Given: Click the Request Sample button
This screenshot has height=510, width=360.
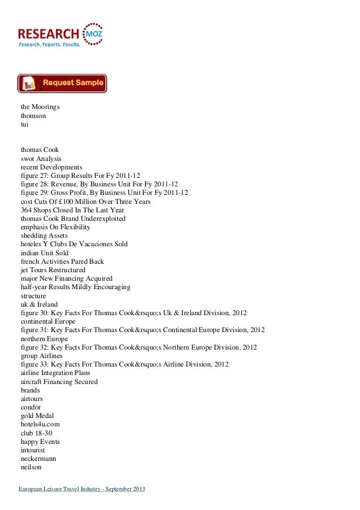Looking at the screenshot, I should pyautogui.click(x=62, y=83).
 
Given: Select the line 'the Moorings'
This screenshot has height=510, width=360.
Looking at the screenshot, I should pyautogui.click(x=40, y=106).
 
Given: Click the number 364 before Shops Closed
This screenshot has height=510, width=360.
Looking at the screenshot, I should pyautogui.click(x=27, y=210).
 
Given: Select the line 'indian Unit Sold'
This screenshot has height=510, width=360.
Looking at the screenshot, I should pyautogui.click(x=45, y=253).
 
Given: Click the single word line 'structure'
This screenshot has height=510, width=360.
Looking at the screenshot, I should pyautogui.click(x=33, y=296).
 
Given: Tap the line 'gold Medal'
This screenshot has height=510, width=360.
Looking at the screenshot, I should pyautogui.click(x=37, y=416).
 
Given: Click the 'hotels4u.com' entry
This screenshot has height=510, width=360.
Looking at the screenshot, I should pyautogui.click(x=40, y=424).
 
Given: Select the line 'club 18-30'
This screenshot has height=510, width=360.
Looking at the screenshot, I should pyautogui.click(x=36, y=433).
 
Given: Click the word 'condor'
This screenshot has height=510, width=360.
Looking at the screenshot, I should pyautogui.click(x=30, y=407).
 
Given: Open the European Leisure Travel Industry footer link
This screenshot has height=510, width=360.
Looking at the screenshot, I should pyautogui.click(x=81, y=488).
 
